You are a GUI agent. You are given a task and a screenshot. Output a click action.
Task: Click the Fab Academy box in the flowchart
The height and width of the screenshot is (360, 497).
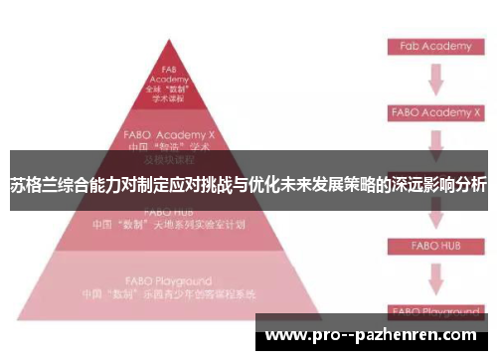point(428,47)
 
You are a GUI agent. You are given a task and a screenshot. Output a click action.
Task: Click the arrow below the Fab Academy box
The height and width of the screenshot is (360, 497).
point(434,79)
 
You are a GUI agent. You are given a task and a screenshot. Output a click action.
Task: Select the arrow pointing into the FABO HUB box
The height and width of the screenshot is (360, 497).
point(434,215)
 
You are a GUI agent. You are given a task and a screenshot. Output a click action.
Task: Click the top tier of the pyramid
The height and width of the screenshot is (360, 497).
point(169,84)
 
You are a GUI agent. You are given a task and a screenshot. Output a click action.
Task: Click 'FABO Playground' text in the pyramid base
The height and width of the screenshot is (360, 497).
point(168,281)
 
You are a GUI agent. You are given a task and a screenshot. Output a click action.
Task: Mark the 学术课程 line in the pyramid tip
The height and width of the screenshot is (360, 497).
point(169,99)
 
